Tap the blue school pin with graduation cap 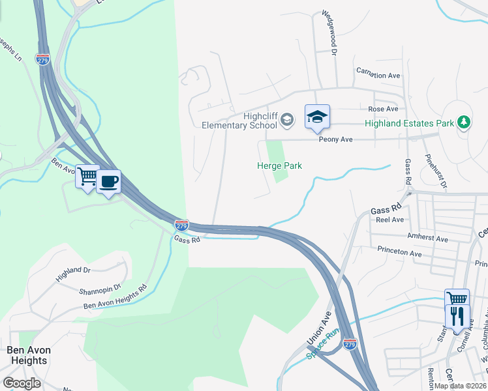pos(317,117)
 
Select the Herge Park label pos(279,166)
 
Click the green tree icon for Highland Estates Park pos(463,122)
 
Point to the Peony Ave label pos(335,139)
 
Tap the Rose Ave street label pos(383,109)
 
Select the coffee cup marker pos(109,181)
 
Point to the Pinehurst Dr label pos(436,171)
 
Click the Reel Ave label pos(389,220)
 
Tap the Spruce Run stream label pos(324,345)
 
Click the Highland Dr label pos(73,274)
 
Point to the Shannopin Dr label pos(100,286)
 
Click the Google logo pos(22,383)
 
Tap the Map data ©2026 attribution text pos(459,386)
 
